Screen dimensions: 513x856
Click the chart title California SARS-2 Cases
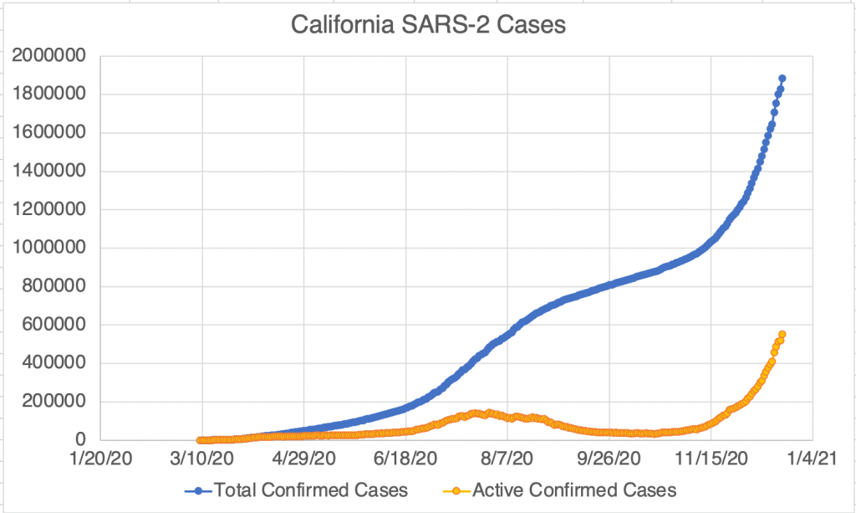point(428,26)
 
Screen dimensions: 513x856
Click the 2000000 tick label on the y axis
point(51,56)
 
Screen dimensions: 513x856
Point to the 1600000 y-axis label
point(51,133)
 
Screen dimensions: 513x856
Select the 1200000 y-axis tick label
point(51,209)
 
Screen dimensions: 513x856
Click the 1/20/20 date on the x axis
point(101,459)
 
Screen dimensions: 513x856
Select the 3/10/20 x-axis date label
point(202,459)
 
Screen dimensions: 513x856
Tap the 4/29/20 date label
point(303,459)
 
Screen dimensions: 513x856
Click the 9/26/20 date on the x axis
point(609,459)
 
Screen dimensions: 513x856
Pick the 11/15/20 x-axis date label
point(711,459)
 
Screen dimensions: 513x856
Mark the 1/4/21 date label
point(812,459)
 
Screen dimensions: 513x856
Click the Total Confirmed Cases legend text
point(311,490)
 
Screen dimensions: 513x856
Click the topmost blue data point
point(782,79)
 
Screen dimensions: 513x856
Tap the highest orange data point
point(782,335)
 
